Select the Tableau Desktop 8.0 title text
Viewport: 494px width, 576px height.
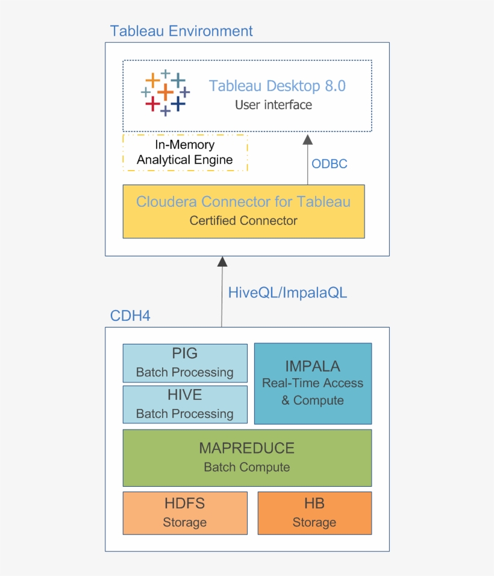click(x=277, y=86)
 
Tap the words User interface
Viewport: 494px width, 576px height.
click(x=274, y=105)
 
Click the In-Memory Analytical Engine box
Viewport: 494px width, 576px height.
click(x=185, y=153)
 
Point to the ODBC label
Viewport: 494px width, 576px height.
click(x=329, y=163)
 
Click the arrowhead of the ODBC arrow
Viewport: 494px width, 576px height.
click(x=308, y=140)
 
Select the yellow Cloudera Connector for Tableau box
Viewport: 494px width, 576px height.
click(x=243, y=211)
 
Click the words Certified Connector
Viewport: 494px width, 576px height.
click(x=243, y=221)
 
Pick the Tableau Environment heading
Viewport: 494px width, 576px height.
click(x=181, y=31)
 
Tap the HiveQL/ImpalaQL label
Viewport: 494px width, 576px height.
click(x=287, y=293)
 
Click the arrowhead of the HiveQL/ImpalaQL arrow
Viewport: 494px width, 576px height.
click(x=222, y=261)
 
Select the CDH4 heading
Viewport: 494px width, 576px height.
click(x=130, y=316)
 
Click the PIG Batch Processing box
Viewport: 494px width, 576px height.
click(x=185, y=363)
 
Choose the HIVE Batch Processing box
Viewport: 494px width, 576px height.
click(x=185, y=404)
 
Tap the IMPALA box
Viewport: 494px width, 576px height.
click(x=313, y=384)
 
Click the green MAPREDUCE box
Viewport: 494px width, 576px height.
click(x=247, y=457)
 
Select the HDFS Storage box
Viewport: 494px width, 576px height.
click(x=185, y=513)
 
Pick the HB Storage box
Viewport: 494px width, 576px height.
click(x=314, y=513)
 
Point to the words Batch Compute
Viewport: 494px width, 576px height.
click(x=247, y=467)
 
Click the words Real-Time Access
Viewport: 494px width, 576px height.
click(x=313, y=383)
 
